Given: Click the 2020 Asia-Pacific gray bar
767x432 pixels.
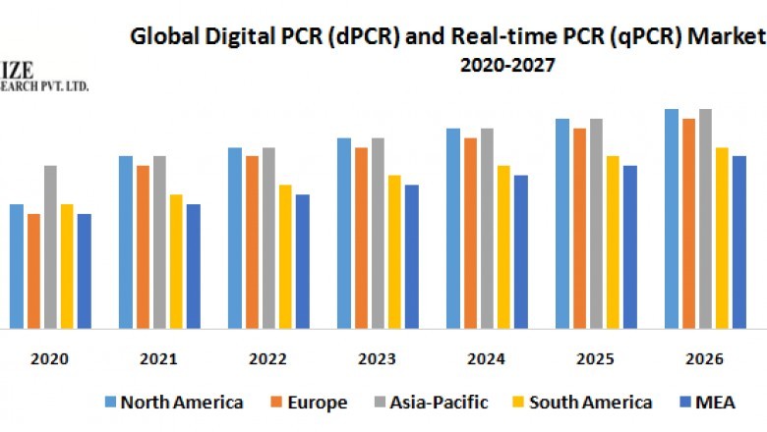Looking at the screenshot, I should pos(50,246).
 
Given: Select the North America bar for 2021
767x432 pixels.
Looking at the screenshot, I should pos(126,242).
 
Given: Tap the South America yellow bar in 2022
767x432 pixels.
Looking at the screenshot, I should pos(285,256).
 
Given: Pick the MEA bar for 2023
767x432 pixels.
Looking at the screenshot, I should pos(412,256).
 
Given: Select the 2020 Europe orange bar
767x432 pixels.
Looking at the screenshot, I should pos(33,270).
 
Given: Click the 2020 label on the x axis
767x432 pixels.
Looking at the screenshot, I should pos(50,359).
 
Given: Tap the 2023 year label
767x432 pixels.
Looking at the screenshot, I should pos(377,359).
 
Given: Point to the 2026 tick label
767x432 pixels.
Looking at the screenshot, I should pos(704,359).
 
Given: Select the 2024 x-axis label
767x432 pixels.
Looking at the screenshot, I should pos(486,359).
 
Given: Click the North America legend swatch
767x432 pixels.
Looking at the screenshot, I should pos(111,403).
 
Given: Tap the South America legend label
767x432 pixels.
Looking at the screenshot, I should pos(590,403).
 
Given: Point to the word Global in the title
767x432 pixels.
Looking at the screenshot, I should pos(161,38).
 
